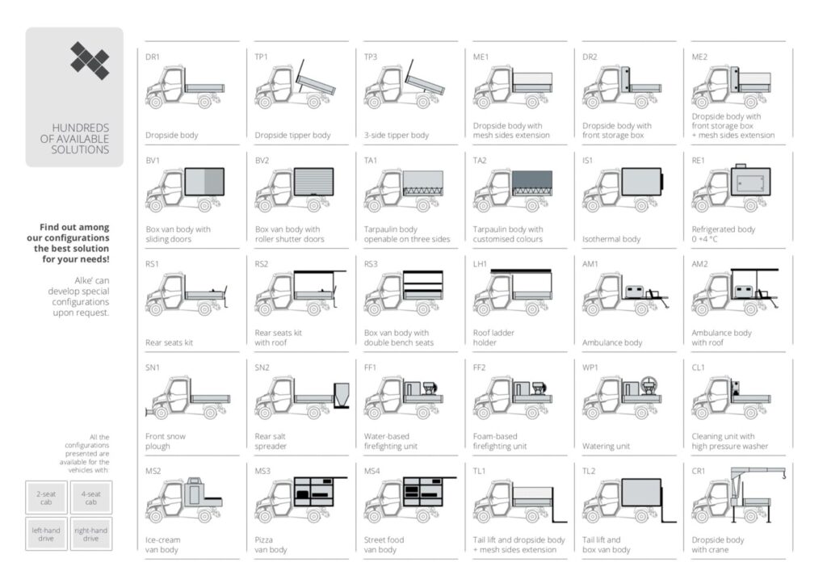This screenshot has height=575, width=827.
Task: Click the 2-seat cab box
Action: [x=46, y=497]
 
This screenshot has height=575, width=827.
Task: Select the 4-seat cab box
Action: [x=91, y=497]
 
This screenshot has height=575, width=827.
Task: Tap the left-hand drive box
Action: [x=46, y=534]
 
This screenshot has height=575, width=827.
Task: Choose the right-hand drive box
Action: [x=91, y=534]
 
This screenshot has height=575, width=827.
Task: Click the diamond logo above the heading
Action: [x=90, y=60]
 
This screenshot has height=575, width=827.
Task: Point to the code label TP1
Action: [x=261, y=57]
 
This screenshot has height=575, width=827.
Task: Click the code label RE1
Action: [x=698, y=161]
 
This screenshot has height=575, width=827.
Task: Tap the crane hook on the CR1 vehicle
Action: [x=783, y=475]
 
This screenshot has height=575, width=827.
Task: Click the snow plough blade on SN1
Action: [x=147, y=411]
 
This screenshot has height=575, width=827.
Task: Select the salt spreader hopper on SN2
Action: [x=342, y=395]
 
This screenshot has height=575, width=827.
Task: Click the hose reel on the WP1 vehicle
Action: [x=649, y=384]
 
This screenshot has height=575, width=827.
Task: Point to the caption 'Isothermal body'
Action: [x=611, y=239]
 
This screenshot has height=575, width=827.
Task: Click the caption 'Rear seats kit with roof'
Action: [x=279, y=338]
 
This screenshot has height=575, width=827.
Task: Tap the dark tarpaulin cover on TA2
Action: [x=532, y=179]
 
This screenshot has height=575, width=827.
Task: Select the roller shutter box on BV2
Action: [x=314, y=182]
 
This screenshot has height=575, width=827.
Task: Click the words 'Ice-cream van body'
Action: [x=163, y=544]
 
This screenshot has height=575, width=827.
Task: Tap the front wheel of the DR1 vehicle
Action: [x=155, y=100]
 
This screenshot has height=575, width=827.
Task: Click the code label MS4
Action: [x=372, y=471]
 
